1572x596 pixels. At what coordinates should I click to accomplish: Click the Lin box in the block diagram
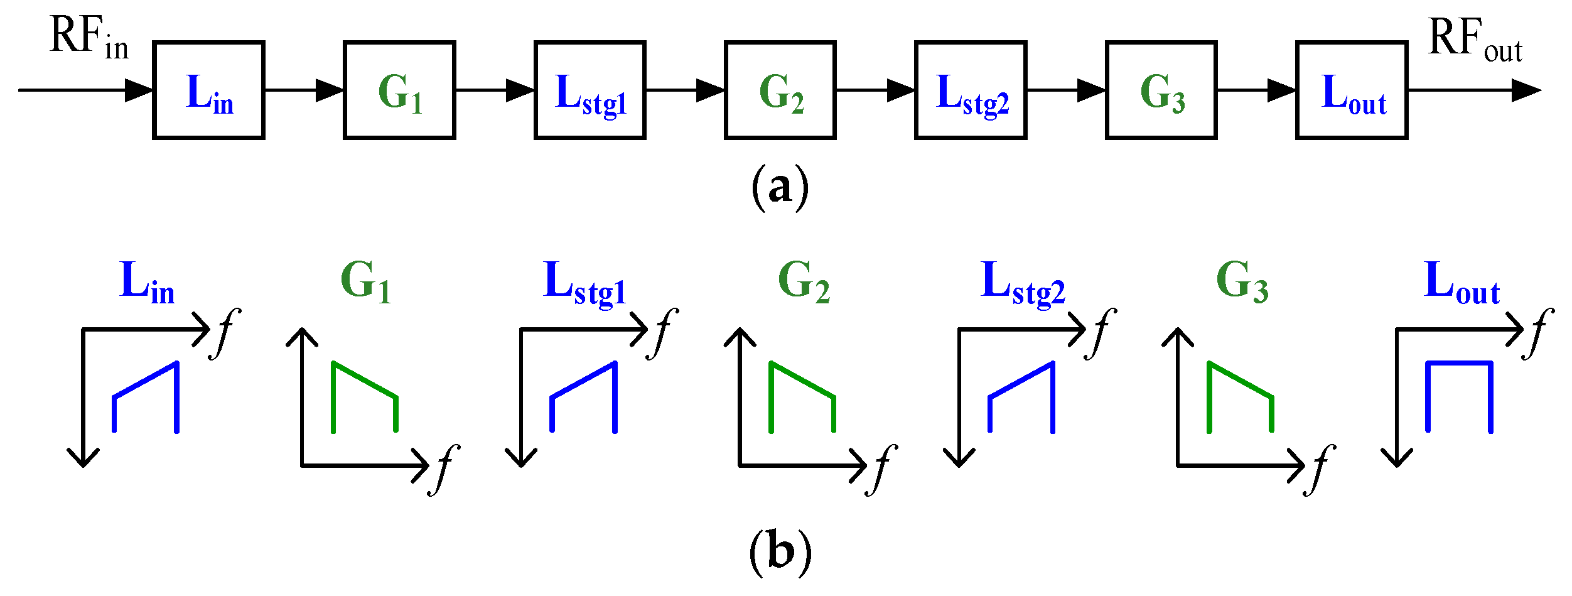pos(208,90)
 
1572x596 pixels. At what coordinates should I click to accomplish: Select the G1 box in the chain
pos(399,90)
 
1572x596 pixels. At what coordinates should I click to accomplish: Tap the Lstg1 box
pos(590,90)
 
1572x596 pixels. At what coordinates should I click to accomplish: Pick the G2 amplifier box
pos(780,90)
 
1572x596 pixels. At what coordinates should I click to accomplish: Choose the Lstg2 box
pos(971,90)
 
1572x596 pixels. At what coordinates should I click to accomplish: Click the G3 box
pos(1161,90)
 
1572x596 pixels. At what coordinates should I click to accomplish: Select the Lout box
pos(1352,90)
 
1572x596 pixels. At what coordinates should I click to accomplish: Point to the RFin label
pos(88,38)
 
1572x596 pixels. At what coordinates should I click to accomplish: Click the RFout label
pos(1474,40)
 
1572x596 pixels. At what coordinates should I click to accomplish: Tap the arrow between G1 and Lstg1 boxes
pos(495,90)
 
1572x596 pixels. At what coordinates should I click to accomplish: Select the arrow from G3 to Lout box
pos(1257,90)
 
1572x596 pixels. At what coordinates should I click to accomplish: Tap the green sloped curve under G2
pos(802,381)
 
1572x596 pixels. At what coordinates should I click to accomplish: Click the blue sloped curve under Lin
pos(146,381)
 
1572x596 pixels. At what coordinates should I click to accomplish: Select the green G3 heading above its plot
pos(1242,281)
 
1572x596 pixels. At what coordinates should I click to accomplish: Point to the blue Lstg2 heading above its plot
pos(1023,283)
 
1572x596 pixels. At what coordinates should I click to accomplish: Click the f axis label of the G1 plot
pos(444,470)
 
